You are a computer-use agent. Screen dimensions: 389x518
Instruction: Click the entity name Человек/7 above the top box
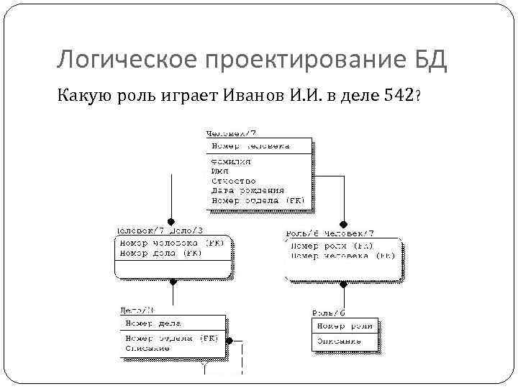[x=232, y=133]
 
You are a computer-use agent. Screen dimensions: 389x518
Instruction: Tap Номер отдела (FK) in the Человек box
[x=258, y=200]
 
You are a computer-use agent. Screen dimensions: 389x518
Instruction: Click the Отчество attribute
[x=233, y=182]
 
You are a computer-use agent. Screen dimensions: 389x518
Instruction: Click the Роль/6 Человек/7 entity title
[x=330, y=233]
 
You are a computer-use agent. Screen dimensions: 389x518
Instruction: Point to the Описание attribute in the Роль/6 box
[x=337, y=341]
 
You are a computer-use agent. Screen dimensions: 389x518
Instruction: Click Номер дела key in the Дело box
[x=153, y=323]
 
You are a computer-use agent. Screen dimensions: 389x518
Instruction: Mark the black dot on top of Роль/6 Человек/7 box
[x=344, y=223]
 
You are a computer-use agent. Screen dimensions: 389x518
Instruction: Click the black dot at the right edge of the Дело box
[x=230, y=341]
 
